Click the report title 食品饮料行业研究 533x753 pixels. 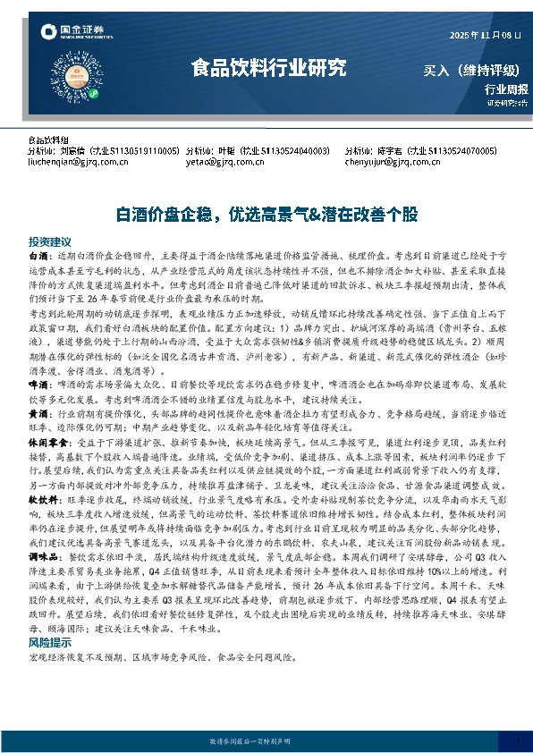click(268, 68)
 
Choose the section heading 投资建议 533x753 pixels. click(49, 242)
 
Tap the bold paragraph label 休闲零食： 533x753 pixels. click(48, 441)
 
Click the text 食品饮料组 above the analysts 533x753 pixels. click(48, 141)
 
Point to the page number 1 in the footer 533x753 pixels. click(518, 740)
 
